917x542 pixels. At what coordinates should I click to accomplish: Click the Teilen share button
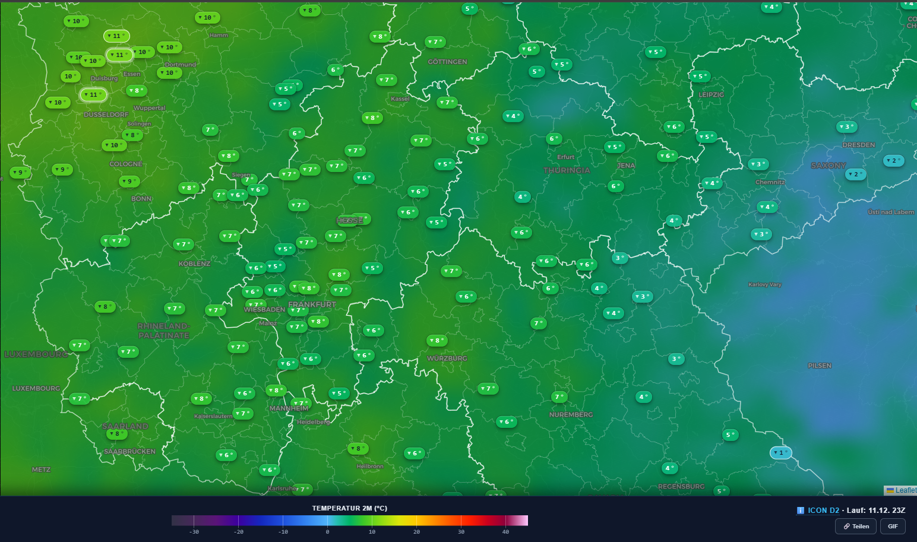[856, 526]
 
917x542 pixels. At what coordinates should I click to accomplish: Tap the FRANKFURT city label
[312, 305]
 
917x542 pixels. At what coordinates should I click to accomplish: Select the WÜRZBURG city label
[447, 359]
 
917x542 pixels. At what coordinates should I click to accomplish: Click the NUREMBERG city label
[571, 414]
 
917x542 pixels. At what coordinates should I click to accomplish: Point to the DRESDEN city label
[858, 145]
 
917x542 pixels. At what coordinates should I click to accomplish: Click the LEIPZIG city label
[711, 94]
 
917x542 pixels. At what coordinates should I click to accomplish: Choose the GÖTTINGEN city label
[447, 62]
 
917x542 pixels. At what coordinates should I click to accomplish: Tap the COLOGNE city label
[126, 164]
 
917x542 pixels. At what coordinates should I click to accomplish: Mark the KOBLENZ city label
[194, 264]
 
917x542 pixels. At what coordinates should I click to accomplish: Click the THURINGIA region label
[567, 170]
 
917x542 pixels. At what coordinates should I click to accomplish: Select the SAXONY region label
[828, 166]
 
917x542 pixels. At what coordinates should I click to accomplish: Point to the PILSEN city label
[819, 366]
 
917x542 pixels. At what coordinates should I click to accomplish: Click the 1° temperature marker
[780, 453]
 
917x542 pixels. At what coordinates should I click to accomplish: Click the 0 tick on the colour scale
[327, 531]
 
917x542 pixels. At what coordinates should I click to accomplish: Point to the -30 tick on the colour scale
[194, 531]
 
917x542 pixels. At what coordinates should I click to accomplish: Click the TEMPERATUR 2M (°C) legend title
[349, 508]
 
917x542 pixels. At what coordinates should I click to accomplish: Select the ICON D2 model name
[823, 510]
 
